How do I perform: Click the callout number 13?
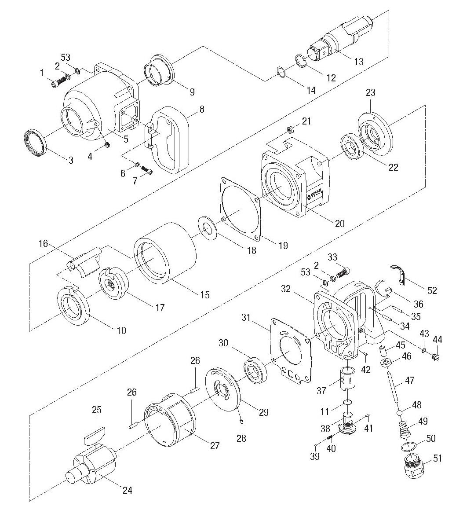tap(359, 62)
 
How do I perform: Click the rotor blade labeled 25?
tap(94, 436)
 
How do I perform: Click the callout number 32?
tap(286, 289)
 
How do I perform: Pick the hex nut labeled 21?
tap(290, 129)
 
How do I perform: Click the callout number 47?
tap(410, 380)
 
